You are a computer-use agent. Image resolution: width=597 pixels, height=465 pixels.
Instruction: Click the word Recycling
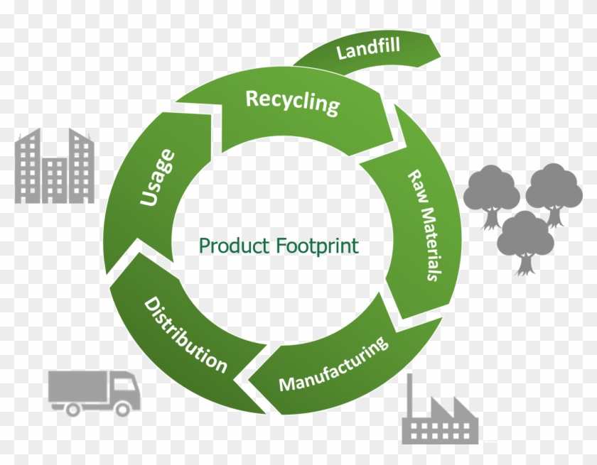(x=292, y=102)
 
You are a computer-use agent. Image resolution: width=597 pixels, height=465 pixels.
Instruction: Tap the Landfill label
(x=369, y=50)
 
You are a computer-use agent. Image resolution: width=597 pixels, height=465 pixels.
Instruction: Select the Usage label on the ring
(x=158, y=177)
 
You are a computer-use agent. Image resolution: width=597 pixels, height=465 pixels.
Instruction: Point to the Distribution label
(x=186, y=335)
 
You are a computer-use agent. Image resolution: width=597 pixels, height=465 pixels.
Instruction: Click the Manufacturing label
(x=334, y=364)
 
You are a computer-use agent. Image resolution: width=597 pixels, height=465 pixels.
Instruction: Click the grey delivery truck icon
(x=93, y=392)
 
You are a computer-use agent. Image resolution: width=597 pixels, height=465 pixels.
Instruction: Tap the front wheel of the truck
(x=122, y=408)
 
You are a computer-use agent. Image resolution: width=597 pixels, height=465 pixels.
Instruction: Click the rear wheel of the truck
(x=72, y=408)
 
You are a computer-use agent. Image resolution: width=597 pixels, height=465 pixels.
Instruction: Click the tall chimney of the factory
(x=411, y=398)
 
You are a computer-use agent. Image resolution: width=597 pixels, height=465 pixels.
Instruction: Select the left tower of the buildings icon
(x=33, y=167)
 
